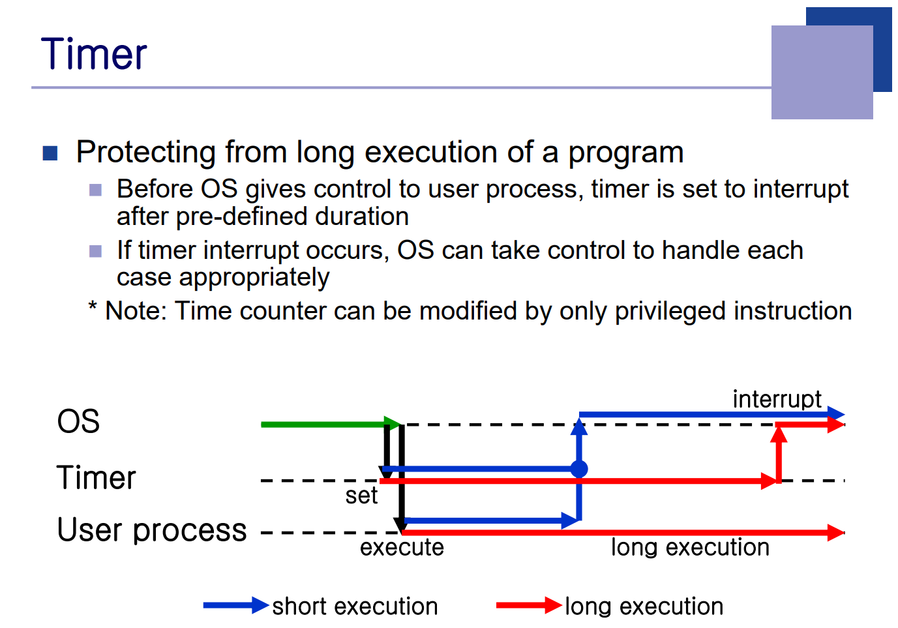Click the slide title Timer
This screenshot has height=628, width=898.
tap(94, 53)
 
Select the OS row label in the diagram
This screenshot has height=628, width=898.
tap(78, 421)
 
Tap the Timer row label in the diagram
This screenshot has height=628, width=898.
tap(97, 477)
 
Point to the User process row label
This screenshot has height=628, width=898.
tap(152, 530)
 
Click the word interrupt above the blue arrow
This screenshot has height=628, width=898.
tap(777, 399)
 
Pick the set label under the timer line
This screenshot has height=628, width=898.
tap(361, 496)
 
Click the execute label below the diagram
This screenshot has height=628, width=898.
tap(402, 547)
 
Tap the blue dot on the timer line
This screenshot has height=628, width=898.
tap(579, 469)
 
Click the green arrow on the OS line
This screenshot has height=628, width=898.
tap(331, 424)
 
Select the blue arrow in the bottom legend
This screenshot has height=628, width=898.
tap(235, 605)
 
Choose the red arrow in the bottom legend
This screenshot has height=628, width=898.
tap(529, 605)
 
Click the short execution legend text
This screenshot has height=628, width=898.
tap(355, 606)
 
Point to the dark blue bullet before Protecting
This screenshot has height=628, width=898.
tap(50, 153)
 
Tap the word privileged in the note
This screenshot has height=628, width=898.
tap(670, 312)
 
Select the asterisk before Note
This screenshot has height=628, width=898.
tap(93, 307)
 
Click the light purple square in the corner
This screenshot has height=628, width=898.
tap(822, 72)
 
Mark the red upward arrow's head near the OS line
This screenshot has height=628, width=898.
tap(779, 434)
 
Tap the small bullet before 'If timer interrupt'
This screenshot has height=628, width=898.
tap(95, 251)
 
